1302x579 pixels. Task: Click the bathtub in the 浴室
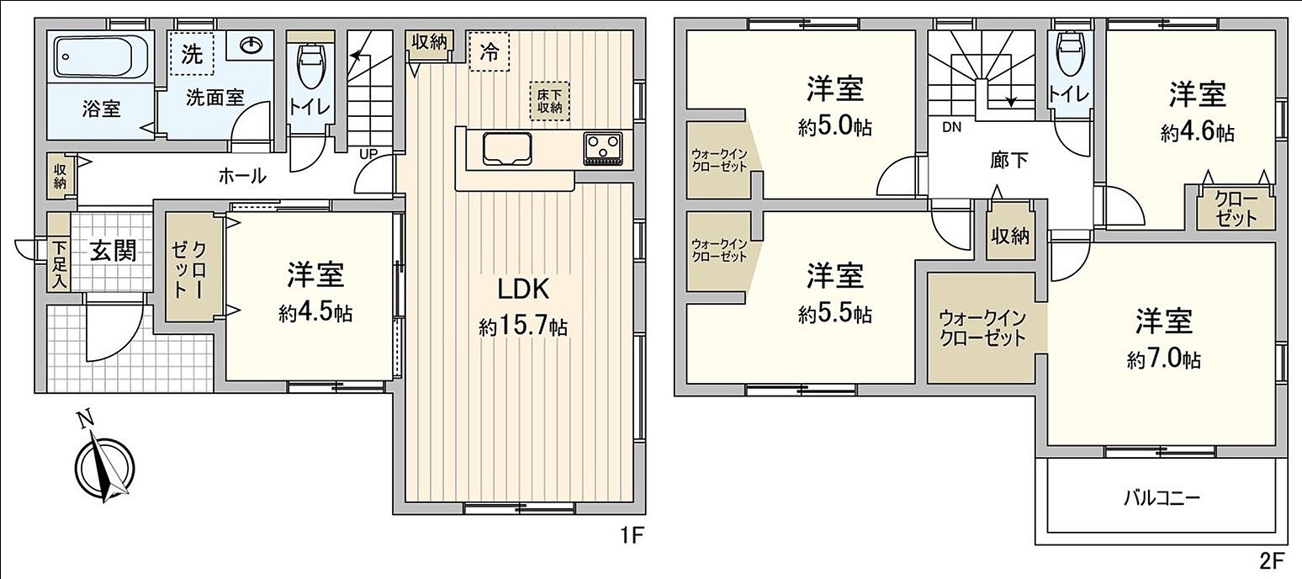click(100, 56)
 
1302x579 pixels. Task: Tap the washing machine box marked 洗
click(193, 55)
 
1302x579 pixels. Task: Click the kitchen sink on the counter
click(507, 149)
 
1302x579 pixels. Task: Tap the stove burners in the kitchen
click(602, 149)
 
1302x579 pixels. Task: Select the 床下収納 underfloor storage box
click(549, 100)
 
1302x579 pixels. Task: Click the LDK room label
click(523, 289)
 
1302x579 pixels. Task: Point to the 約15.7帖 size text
click(523, 327)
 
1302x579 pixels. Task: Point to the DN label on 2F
click(951, 128)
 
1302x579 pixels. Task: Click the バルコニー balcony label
click(1162, 497)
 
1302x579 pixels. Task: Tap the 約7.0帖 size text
click(1164, 360)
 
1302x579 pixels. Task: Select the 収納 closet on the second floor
click(1009, 236)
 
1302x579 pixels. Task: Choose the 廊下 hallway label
click(1009, 160)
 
